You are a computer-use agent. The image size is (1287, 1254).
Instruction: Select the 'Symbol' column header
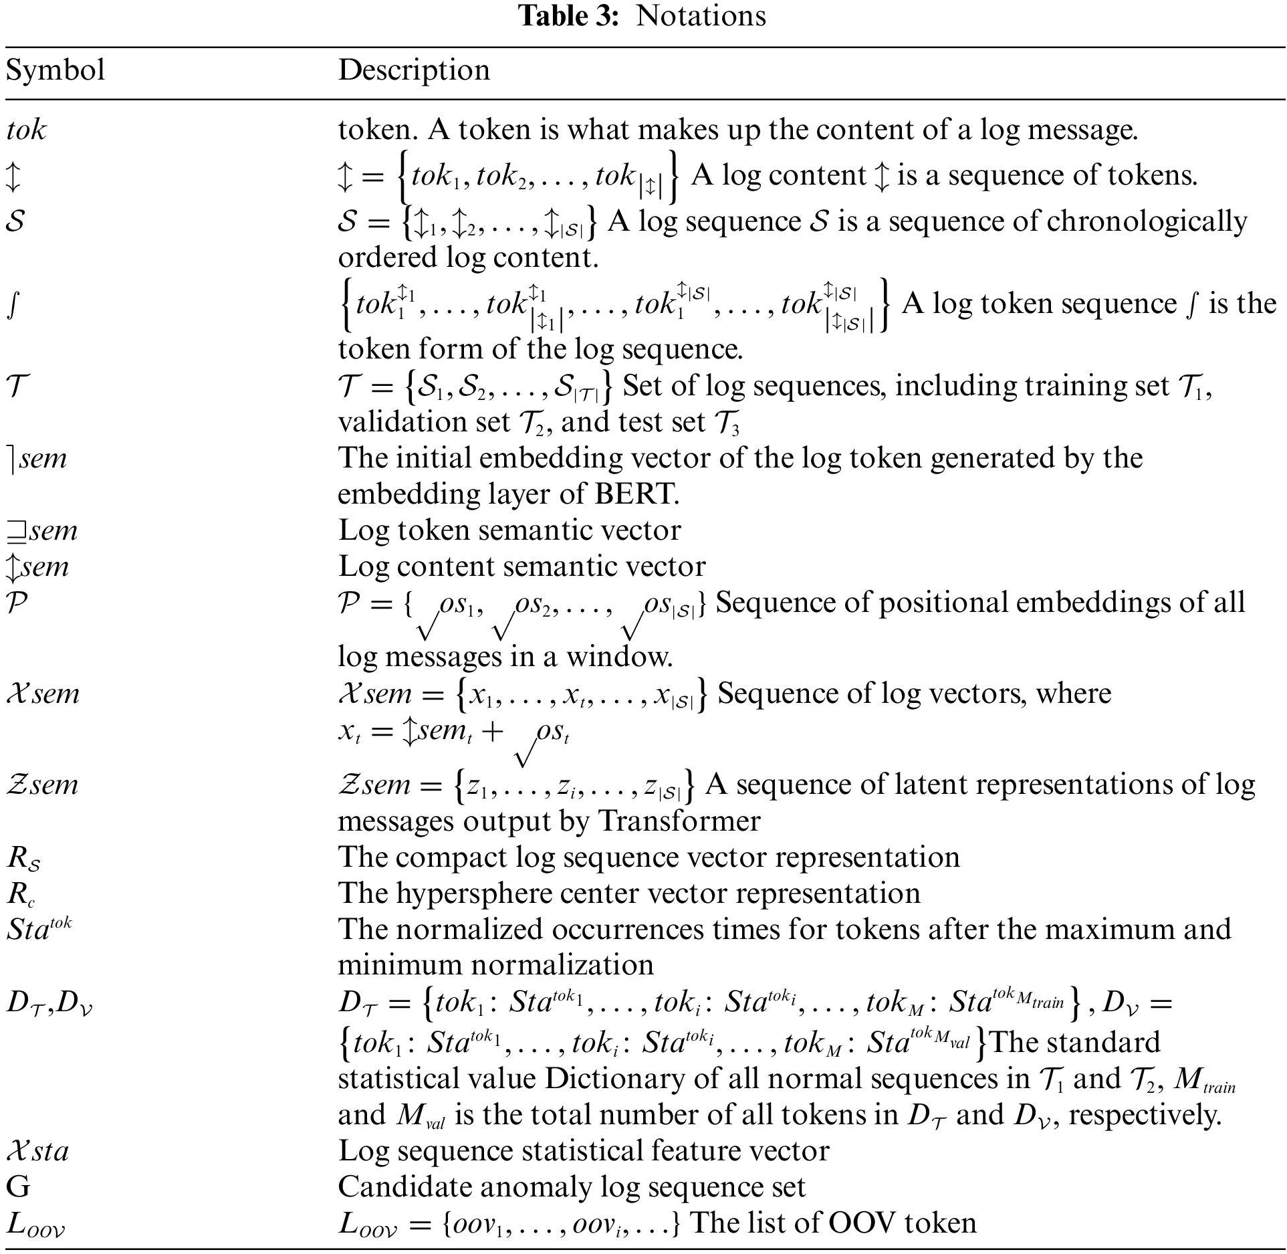[x=55, y=70]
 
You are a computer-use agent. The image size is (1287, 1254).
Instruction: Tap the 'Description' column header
[x=414, y=70]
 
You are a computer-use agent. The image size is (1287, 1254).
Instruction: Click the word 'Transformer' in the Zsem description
[x=679, y=821]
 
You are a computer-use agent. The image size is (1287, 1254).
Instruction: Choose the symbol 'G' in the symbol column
[x=18, y=1186]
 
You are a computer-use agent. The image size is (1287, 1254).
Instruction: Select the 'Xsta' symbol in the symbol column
[x=37, y=1151]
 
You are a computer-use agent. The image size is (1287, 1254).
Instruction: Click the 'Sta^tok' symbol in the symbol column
[x=39, y=929]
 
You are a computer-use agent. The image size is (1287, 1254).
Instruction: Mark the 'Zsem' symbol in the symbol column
[x=42, y=785]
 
